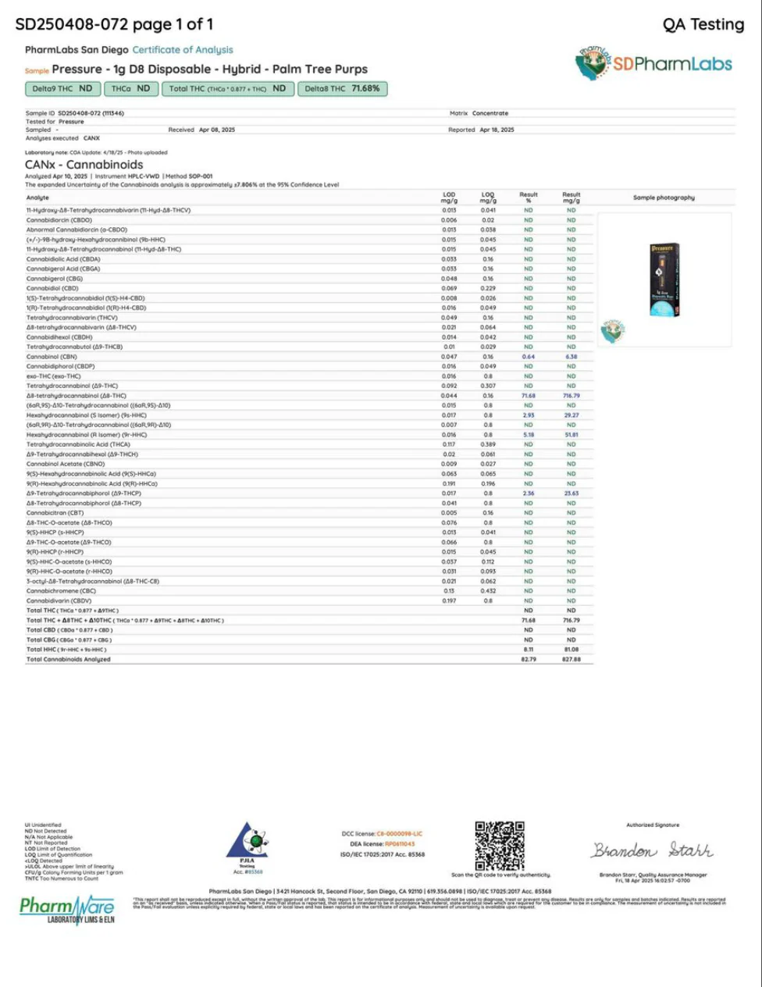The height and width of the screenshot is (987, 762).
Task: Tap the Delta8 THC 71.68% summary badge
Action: pyautogui.click(x=342, y=89)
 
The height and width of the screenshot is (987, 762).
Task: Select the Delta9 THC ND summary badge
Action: pyautogui.click(x=62, y=89)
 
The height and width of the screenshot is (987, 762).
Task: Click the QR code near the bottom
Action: pyautogui.click(x=500, y=846)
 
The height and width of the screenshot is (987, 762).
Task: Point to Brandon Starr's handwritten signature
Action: pyautogui.click(x=652, y=850)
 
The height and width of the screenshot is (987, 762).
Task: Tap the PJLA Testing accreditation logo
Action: pyautogui.click(x=247, y=846)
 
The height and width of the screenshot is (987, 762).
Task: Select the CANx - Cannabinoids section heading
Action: pyautogui.click(x=84, y=165)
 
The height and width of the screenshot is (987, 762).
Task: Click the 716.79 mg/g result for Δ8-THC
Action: pyautogui.click(x=571, y=396)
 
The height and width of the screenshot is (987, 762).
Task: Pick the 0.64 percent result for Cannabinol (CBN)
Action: pyautogui.click(x=529, y=357)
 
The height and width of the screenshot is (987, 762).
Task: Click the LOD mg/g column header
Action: pyautogui.click(x=449, y=198)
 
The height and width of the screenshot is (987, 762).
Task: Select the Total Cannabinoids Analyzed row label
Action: pyautogui.click(x=69, y=659)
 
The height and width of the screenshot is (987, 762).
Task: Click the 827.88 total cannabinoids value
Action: pyautogui.click(x=571, y=659)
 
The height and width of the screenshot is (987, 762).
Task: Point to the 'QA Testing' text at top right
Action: pyautogui.click(x=703, y=24)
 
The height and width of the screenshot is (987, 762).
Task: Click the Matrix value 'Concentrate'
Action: pyautogui.click(x=490, y=113)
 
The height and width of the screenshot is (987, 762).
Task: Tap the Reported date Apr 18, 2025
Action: pyautogui.click(x=497, y=130)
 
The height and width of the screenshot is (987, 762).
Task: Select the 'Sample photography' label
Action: pyautogui.click(x=664, y=198)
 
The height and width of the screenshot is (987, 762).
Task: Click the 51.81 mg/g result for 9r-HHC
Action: pyautogui.click(x=571, y=435)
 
